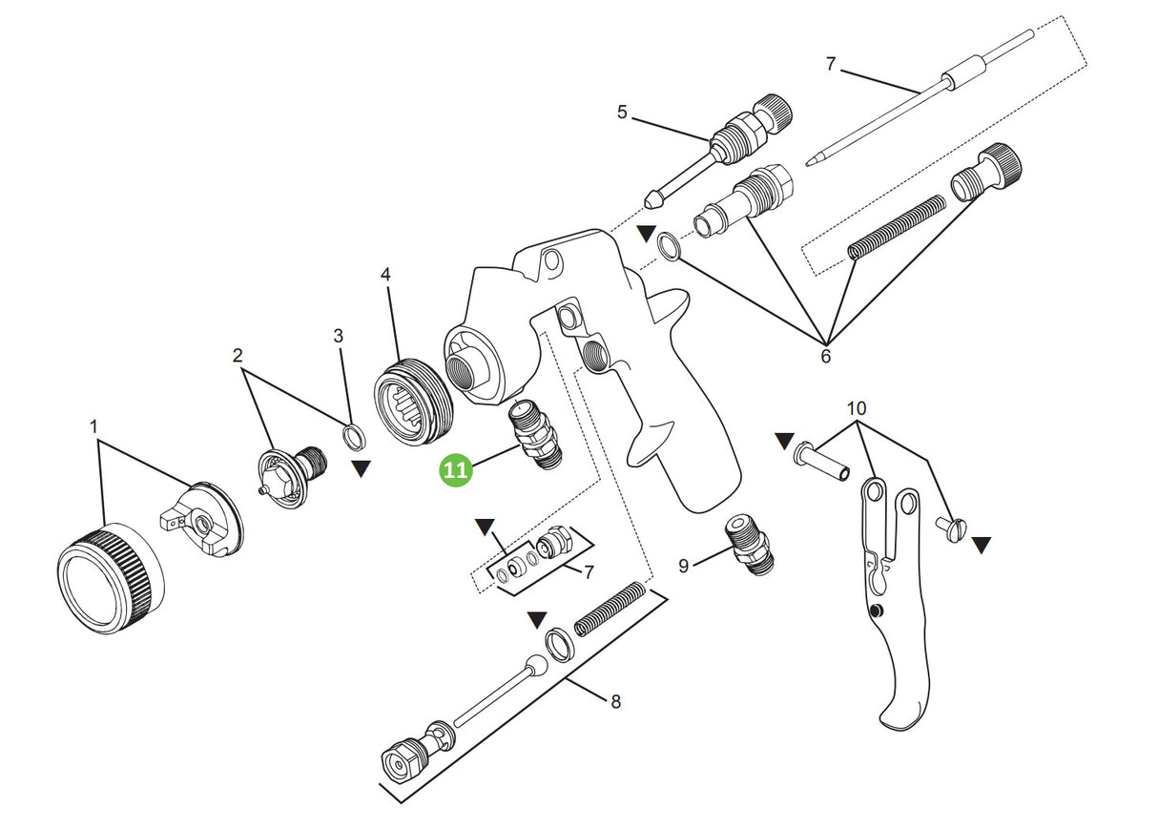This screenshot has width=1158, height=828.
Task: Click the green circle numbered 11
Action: point(456,470)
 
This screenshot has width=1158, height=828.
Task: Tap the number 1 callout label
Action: point(94,426)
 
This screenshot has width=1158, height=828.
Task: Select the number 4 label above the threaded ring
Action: point(385,275)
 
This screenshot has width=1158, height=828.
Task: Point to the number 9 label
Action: point(683,566)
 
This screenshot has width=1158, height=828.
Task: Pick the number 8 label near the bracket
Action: point(615,702)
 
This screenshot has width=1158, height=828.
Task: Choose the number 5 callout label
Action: point(622,113)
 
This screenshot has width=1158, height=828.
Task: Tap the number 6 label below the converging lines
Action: point(825,357)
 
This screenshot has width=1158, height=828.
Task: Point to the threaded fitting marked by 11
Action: point(538,435)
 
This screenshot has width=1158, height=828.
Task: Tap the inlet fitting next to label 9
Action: point(751,545)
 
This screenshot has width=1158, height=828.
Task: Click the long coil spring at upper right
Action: point(897,226)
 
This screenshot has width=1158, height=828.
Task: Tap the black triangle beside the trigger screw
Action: point(982,545)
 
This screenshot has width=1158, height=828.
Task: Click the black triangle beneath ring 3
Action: point(361,468)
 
